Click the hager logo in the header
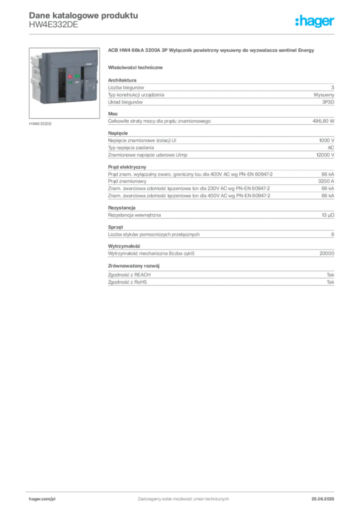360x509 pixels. pos(315,21)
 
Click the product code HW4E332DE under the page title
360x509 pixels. pos(54,25)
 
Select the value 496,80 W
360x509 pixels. pos(323,121)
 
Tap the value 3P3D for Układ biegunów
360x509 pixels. pos(328,102)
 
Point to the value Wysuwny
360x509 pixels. pos(324,95)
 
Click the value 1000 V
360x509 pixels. pos(327,140)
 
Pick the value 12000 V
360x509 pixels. pos(325,155)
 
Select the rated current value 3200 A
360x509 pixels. pos(326,181)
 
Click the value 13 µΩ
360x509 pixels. pos(328,215)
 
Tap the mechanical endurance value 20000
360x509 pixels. pos(327,253)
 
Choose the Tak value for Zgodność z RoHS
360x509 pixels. pos(331,282)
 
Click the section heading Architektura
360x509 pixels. pos(122,80)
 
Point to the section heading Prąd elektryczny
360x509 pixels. pos(127,167)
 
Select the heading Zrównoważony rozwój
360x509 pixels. pos(134,266)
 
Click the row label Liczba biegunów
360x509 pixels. pos(126,87)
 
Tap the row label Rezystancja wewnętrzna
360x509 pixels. pos(134,215)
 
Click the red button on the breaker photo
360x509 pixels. pos(70,77)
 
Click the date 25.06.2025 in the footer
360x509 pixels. pos(323,499)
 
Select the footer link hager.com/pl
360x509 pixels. pos(42,499)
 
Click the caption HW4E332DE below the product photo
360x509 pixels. pos(40,124)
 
